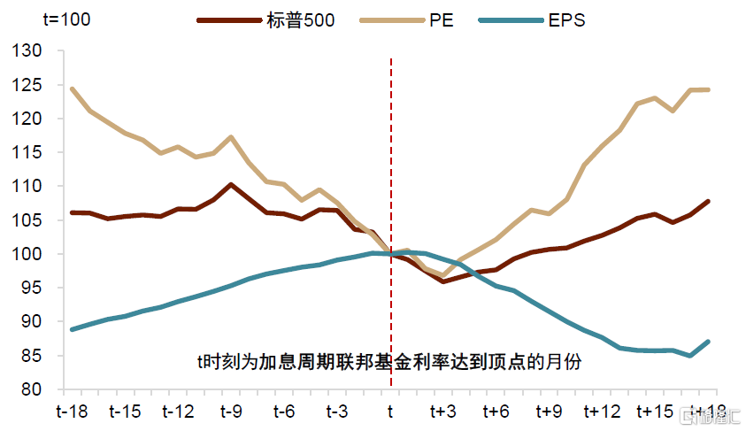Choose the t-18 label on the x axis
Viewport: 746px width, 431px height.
click(72, 412)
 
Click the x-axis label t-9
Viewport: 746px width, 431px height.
click(231, 412)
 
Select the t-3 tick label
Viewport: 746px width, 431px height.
click(337, 412)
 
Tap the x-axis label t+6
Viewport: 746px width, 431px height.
click(496, 412)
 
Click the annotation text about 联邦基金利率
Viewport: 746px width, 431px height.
click(388, 362)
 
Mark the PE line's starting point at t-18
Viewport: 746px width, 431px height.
click(72, 89)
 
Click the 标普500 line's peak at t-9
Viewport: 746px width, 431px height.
click(231, 185)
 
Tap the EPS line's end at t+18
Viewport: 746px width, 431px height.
click(708, 342)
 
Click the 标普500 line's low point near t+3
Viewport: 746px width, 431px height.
click(442, 281)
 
